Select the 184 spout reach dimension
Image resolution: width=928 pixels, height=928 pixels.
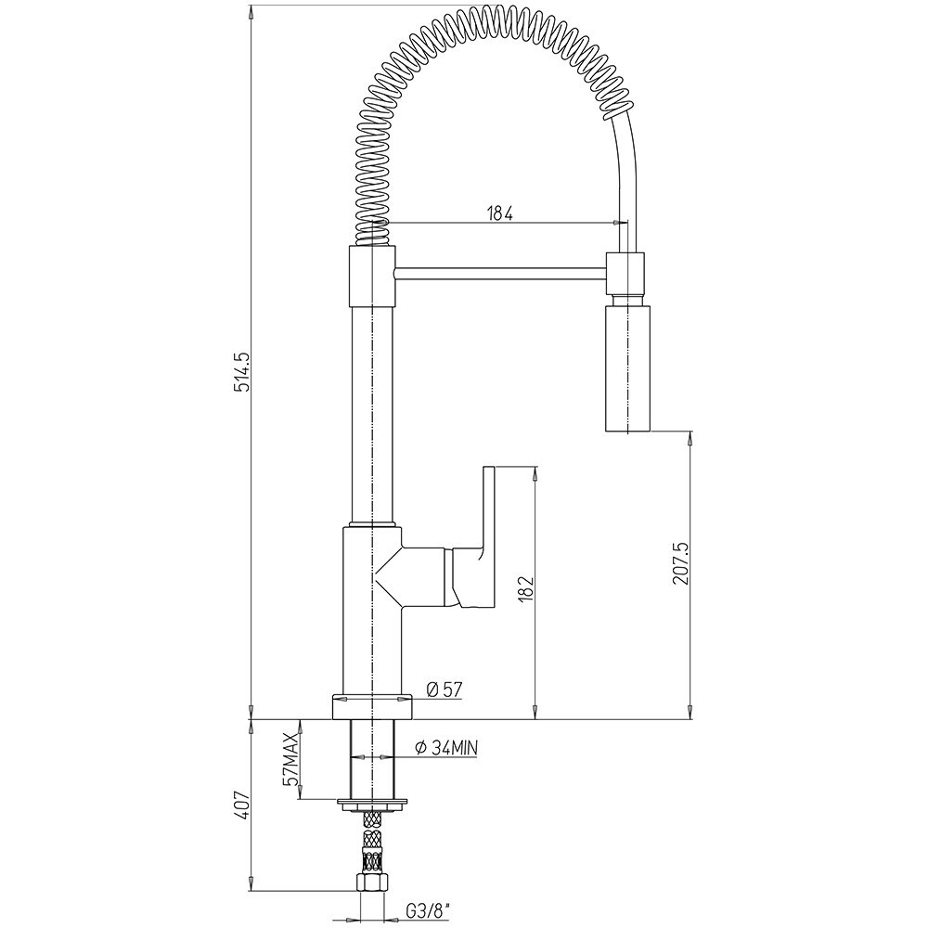(x=500, y=213)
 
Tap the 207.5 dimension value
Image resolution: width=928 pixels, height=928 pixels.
(x=680, y=563)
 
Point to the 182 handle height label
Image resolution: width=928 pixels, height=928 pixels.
(x=525, y=589)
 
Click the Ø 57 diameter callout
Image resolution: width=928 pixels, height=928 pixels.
(x=444, y=690)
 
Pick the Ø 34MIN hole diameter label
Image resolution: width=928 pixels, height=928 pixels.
(x=447, y=748)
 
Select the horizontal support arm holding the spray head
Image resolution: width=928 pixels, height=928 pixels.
(x=500, y=273)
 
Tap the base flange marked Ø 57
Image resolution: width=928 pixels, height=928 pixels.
(x=372, y=706)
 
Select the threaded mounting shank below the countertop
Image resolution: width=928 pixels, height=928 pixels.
(x=372, y=759)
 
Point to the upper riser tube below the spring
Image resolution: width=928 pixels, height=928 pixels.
(x=373, y=414)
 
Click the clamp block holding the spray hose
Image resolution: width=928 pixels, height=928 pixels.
(x=625, y=274)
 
